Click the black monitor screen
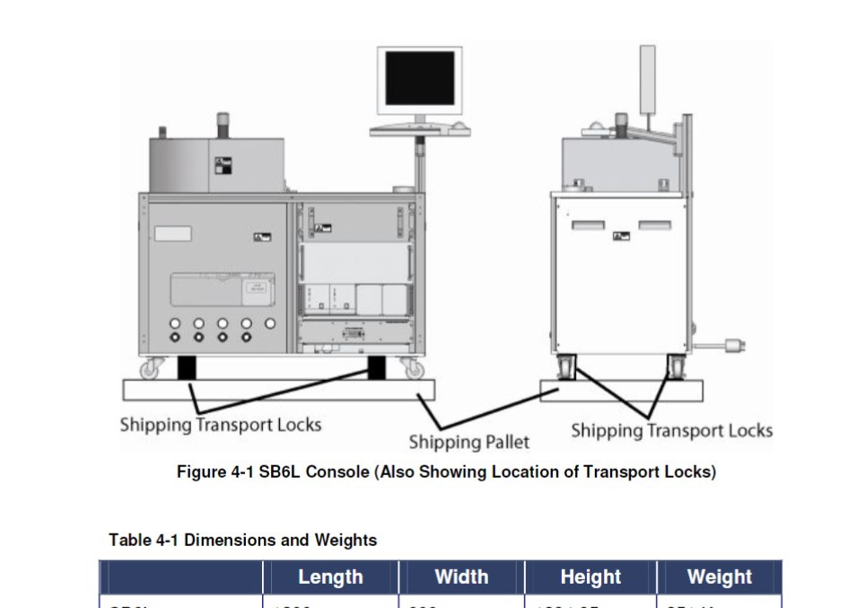pyautogui.click(x=419, y=78)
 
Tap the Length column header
pyautogui.click(x=330, y=577)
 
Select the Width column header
pyautogui.click(x=461, y=577)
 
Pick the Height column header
pyautogui.click(x=590, y=577)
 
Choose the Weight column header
pyautogui.click(x=720, y=577)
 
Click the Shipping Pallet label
pyautogui.click(x=468, y=442)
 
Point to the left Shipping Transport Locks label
pyautogui.click(x=221, y=424)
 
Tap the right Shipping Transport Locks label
pyautogui.click(x=671, y=431)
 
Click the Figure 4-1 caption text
pyautogui.click(x=446, y=471)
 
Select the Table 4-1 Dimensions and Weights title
pyautogui.click(x=242, y=541)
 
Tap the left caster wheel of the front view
pyautogui.click(x=151, y=368)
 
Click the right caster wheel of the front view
pyautogui.click(x=414, y=368)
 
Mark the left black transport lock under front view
pyautogui.click(x=187, y=367)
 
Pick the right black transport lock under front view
pyautogui.click(x=377, y=367)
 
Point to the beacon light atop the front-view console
pyautogui.click(x=223, y=123)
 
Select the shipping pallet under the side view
pyautogui.click(x=621, y=391)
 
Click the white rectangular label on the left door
pyautogui.click(x=173, y=234)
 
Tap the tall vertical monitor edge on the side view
pyautogui.click(x=646, y=77)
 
